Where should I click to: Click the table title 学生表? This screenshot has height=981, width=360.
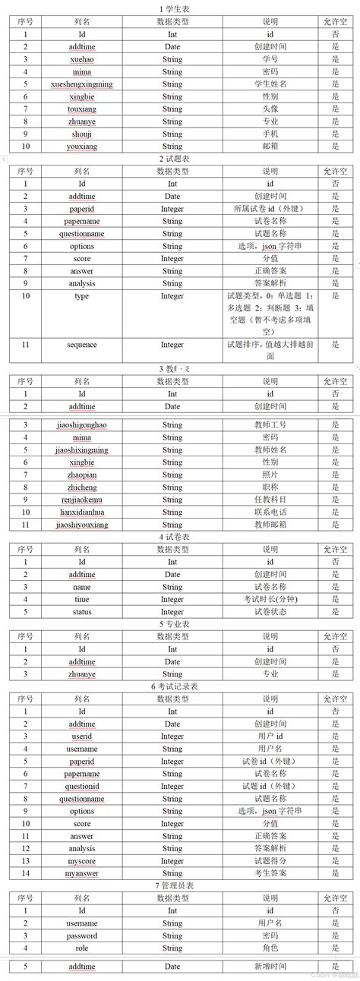coord(180,8)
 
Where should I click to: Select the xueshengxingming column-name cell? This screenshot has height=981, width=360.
coord(82,84)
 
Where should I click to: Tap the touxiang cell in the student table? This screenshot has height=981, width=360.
coord(82,109)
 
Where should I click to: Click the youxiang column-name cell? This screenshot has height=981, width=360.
coord(82,146)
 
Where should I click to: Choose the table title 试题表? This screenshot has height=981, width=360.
coord(180,158)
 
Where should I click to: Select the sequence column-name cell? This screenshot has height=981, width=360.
coord(82,345)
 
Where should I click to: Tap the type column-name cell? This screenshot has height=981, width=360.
coord(82,296)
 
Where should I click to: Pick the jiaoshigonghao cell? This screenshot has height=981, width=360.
coord(82,425)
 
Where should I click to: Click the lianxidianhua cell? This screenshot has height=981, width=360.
coord(82,513)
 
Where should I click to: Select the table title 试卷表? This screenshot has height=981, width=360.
coord(180,537)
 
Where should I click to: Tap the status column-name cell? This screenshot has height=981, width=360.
coord(82,612)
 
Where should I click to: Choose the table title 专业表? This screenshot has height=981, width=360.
coord(180,624)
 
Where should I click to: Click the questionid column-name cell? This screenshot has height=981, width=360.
coord(82,786)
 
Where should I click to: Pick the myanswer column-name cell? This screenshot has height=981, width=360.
coord(82,873)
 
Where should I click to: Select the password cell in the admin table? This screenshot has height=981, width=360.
coord(82,935)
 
